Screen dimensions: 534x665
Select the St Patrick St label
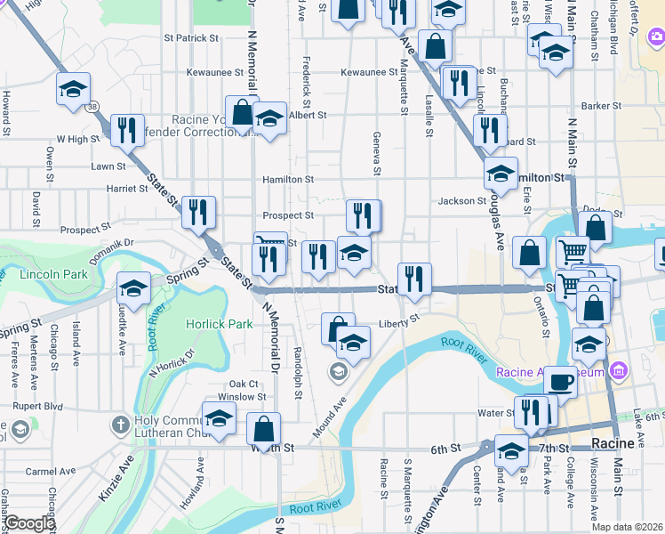[x=191, y=38]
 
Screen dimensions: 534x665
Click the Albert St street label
[x=308, y=115]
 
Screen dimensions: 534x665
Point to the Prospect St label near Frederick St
[x=288, y=215]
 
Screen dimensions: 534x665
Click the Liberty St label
[x=398, y=323]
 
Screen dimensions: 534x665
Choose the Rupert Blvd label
[x=36, y=406]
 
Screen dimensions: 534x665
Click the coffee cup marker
[x=560, y=381]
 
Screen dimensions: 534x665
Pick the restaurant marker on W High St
[x=127, y=130]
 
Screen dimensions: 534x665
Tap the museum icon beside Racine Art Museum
[x=621, y=370]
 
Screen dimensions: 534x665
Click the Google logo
[x=29, y=523]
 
